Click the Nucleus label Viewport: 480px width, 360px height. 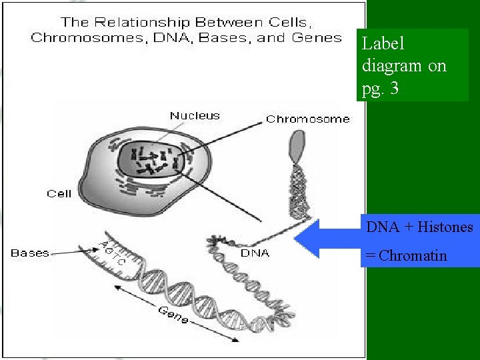[194, 115]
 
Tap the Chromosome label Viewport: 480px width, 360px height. [307, 119]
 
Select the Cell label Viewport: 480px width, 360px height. [59, 193]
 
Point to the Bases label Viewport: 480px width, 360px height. [30, 253]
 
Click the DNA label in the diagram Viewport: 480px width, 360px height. [255, 253]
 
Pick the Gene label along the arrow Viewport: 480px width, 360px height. [173, 314]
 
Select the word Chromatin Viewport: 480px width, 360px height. [413, 255]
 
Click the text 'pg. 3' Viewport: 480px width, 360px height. [381, 89]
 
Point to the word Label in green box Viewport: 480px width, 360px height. [383, 44]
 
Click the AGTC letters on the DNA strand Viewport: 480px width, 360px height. [111, 251]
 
